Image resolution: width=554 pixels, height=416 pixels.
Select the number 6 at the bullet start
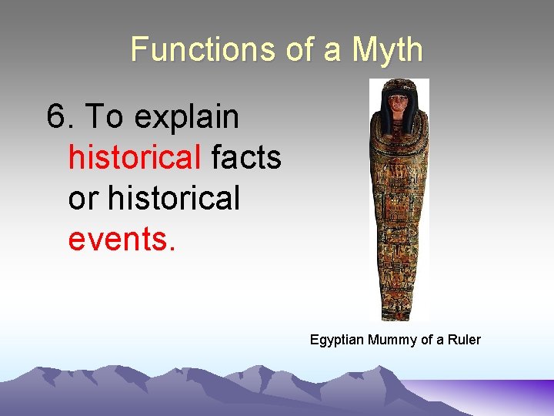(x=57, y=118)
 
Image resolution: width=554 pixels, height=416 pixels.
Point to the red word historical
(x=135, y=158)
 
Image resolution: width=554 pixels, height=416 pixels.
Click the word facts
(x=246, y=158)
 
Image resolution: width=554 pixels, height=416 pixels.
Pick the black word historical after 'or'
(x=175, y=198)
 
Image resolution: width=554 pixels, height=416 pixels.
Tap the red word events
(x=122, y=238)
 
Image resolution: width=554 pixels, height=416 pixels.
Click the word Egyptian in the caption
(x=337, y=340)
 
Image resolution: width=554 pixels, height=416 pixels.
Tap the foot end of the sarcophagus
(x=399, y=308)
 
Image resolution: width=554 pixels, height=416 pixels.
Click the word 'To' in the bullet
(x=104, y=118)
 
